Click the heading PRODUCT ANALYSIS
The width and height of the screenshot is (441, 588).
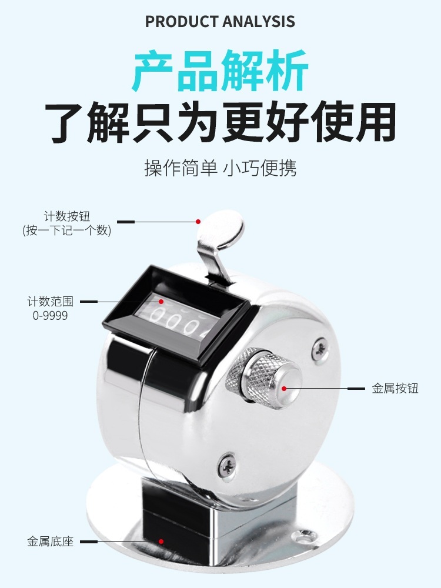(x=220, y=21)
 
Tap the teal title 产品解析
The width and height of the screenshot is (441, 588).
(x=220, y=71)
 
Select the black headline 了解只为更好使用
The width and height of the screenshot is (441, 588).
(x=220, y=122)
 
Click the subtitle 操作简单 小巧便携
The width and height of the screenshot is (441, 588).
(x=220, y=168)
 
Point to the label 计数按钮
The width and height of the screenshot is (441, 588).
(x=67, y=216)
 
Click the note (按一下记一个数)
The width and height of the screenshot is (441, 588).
(x=67, y=230)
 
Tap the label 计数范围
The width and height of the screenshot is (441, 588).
(x=50, y=301)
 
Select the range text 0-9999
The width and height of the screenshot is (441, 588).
(x=50, y=315)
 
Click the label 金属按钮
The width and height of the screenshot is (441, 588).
(x=395, y=388)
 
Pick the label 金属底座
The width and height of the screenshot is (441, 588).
(x=50, y=542)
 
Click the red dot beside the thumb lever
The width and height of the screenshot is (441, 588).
(x=198, y=222)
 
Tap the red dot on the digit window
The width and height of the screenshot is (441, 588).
(x=161, y=301)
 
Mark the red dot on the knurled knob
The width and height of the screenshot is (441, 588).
(x=284, y=389)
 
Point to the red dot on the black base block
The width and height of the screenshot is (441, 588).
(x=161, y=542)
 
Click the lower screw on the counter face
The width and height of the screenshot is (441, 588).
(x=227, y=465)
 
